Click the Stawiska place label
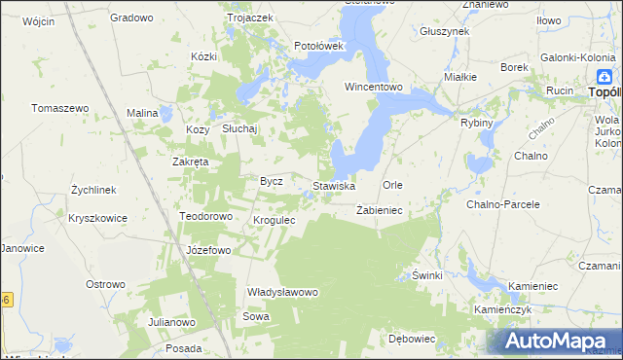click(333, 185)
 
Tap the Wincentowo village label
click(374, 87)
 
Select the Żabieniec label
click(380, 210)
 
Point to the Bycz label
click(271, 181)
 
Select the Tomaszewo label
click(60, 108)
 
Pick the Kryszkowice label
click(97, 218)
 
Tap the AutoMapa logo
click(555, 341)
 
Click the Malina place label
click(142, 114)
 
